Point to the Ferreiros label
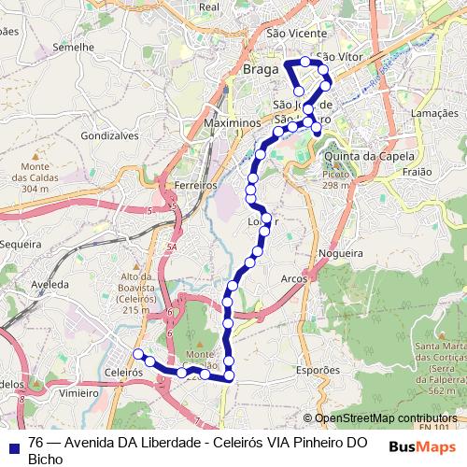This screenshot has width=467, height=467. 195,186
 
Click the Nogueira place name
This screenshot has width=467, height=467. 340,253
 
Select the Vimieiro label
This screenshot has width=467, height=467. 78,393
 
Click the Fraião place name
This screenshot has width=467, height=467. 417,172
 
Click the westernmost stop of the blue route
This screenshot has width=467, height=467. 138,353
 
